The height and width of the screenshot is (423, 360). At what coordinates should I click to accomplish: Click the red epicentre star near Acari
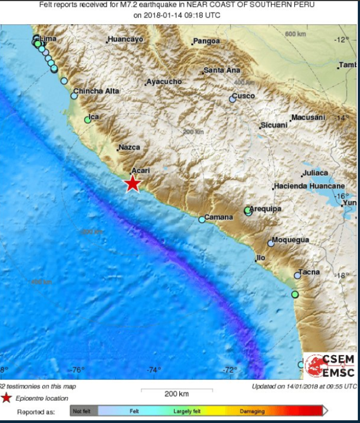point(132,184)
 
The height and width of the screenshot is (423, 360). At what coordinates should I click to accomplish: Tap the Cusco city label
point(244,96)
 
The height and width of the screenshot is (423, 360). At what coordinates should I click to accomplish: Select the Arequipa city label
point(266,209)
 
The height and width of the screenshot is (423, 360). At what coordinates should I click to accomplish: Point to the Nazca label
point(129,148)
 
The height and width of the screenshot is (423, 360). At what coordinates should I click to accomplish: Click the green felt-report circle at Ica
point(88,120)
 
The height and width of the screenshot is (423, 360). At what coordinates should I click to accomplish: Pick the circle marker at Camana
point(202,219)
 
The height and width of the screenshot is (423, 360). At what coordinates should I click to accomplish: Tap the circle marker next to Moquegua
point(271,244)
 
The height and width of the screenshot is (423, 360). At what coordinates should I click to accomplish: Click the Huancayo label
point(125,39)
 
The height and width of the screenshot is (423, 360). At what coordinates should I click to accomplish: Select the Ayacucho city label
point(164,82)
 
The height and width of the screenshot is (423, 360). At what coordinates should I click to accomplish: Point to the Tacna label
point(309,272)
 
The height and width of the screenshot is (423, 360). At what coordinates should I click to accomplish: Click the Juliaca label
point(316,173)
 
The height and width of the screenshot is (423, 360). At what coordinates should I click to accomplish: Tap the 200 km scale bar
point(177,391)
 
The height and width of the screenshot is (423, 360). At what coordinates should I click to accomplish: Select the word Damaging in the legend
point(253,411)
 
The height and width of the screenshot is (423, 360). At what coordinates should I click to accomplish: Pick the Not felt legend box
point(83,411)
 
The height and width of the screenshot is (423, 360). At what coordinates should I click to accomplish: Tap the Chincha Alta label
point(96,91)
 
